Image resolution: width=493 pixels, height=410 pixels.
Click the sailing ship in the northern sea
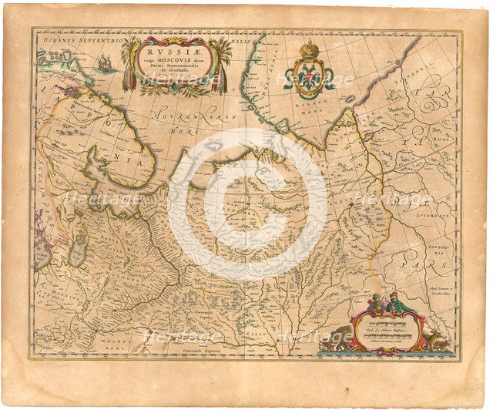point(103,65)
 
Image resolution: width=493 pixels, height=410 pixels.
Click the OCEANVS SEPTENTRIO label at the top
point(75,37)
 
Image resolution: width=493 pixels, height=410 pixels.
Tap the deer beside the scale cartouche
point(441,336)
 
